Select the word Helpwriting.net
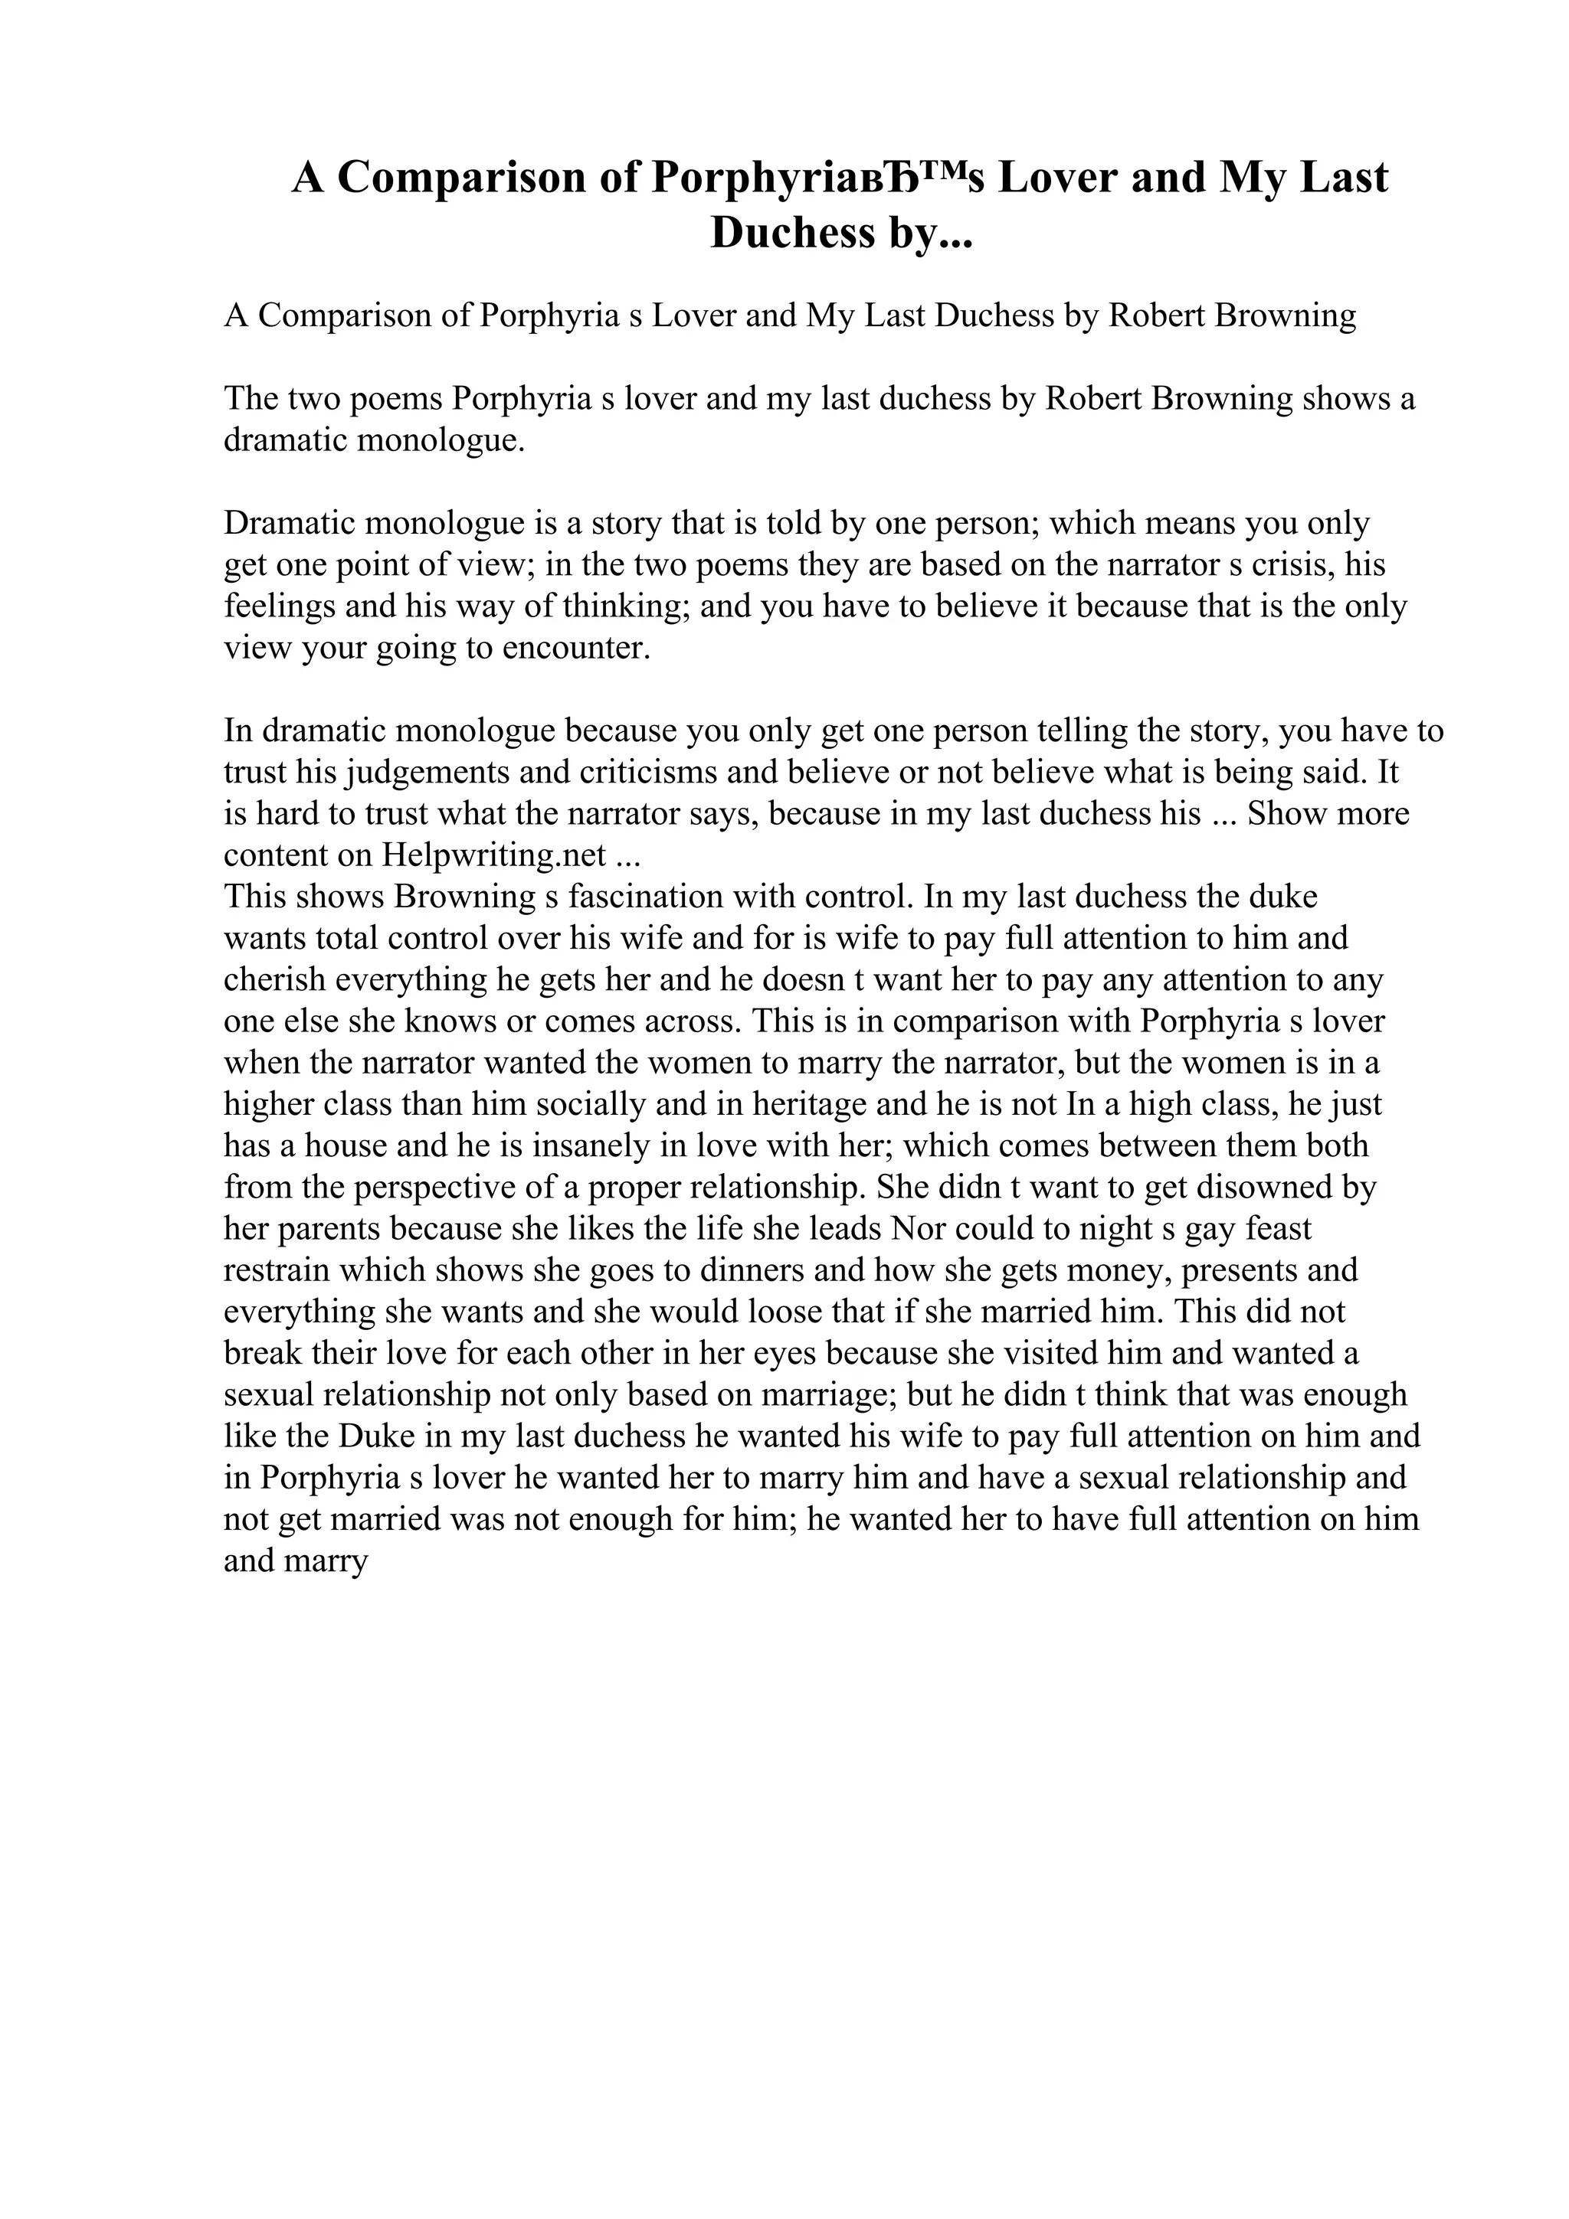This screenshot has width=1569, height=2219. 494,855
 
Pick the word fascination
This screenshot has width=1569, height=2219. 646,896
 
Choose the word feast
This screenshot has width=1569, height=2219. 1278,1228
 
